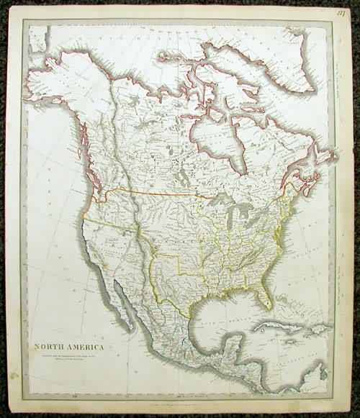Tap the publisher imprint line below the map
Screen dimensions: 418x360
tap(180, 395)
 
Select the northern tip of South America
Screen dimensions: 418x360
tap(317, 381)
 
